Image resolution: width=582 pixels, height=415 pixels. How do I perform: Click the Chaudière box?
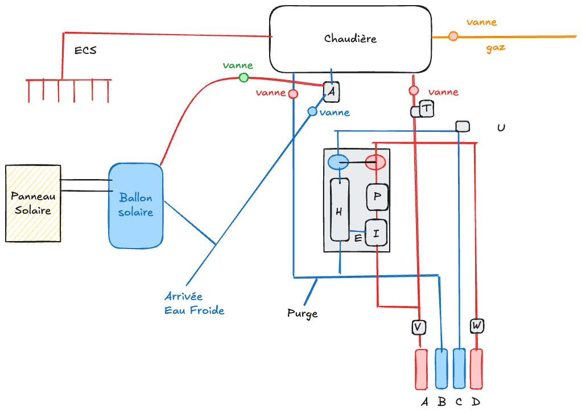(350, 39)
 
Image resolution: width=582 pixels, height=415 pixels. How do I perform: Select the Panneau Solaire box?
(33, 203)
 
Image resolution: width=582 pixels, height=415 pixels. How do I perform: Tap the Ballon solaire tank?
(135, 205)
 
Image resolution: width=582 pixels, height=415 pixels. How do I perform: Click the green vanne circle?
(243, 77)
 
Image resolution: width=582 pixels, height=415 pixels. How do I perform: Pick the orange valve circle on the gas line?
(453, 36)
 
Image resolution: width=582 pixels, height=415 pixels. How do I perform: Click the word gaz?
(496, 48)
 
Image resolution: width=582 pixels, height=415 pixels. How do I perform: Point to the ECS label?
(85, 50)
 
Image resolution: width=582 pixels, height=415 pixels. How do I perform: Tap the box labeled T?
(426, 108)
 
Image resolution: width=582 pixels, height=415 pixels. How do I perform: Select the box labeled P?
(377, 197)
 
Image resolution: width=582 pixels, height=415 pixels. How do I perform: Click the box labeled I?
(376, 233)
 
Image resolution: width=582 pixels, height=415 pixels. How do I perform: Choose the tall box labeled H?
(339, 210)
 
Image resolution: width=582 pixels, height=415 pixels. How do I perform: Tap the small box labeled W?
(477, 326)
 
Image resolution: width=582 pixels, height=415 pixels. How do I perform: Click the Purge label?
(302, 313)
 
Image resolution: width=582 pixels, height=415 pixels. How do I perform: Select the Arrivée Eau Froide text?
(194, 304)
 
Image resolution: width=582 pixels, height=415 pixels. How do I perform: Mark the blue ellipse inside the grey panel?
(339, 162)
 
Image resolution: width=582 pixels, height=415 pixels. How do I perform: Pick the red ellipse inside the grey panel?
(375, 162)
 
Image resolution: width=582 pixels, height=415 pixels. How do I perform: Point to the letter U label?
(501, 128)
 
